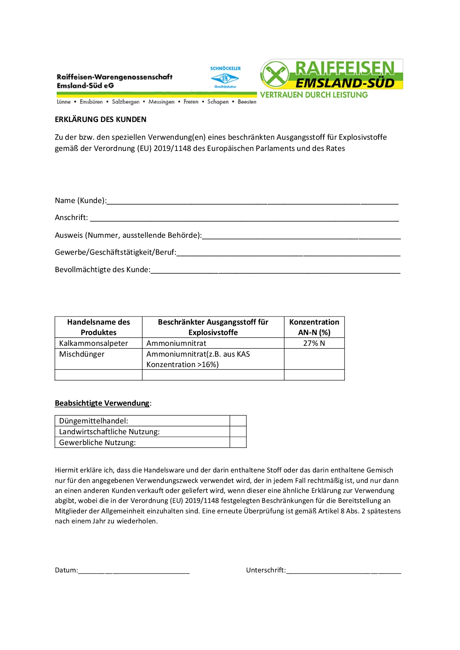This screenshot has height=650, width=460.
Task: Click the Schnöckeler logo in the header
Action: [x=225, y=77]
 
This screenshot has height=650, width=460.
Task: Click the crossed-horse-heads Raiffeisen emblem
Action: [x=275, y=75]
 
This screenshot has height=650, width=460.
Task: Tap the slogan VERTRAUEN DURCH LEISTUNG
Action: [x=314, y=95]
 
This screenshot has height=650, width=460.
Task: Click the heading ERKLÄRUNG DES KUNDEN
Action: [x=100, y=120]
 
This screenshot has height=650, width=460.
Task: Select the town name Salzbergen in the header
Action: [x=126, y=102]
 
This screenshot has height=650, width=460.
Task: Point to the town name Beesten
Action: [x=247, y=102]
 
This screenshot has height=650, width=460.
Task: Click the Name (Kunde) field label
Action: [x=80, y=201]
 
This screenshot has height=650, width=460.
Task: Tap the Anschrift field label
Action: [x=71, y=218]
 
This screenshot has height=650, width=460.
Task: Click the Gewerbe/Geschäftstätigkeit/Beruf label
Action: [x=115, y=252]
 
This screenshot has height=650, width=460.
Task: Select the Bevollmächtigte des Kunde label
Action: [x=102, y=270]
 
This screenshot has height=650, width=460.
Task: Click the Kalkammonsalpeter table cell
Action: [x=93, y=344]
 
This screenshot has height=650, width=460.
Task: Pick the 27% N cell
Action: [x=314, y=344]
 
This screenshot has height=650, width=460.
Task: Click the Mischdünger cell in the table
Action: [x=82, y=354]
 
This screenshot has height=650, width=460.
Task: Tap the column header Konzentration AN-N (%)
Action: [x=314, y=327]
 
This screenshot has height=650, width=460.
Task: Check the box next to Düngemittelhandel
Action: [x=238, y=421]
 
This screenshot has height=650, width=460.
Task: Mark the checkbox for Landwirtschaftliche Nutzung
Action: [x=238, y=432]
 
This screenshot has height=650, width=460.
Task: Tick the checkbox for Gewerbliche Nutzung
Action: [x=238, y=442]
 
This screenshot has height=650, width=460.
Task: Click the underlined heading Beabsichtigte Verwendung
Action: [x=102, y=403]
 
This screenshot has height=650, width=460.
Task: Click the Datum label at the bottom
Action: [x=66, y=570]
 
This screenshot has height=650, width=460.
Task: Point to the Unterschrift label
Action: [x=266, y=570]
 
